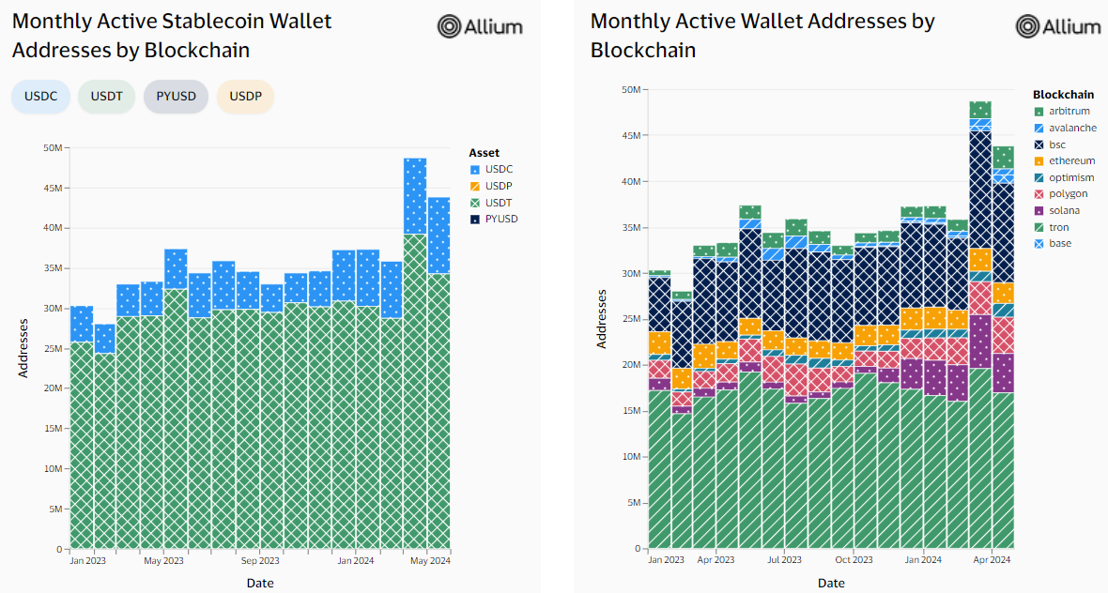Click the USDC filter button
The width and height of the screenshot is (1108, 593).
point(40,97)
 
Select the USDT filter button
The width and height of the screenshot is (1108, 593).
point(107,97)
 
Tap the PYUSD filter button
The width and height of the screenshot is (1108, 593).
point(176,97)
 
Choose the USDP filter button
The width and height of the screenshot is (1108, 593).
point(245,97)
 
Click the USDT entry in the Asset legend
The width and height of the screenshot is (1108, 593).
point(499,203)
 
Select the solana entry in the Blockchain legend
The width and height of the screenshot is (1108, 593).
point(1064,210)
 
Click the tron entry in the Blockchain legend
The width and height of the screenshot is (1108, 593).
point(1059,227)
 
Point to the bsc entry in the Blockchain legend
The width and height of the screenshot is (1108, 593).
point(1057,144)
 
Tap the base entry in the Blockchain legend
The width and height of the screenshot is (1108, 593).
point(1059,244)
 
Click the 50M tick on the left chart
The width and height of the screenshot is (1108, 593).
point(53,148)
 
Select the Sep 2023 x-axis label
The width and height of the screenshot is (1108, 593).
point(260,562)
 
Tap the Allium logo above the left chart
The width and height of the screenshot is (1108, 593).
point(480,26)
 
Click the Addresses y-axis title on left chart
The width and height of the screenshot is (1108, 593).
point(23,348)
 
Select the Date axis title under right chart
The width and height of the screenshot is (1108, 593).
point(831,583)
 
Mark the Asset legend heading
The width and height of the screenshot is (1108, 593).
point(484,152)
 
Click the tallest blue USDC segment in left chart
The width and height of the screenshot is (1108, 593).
point(415,196)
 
